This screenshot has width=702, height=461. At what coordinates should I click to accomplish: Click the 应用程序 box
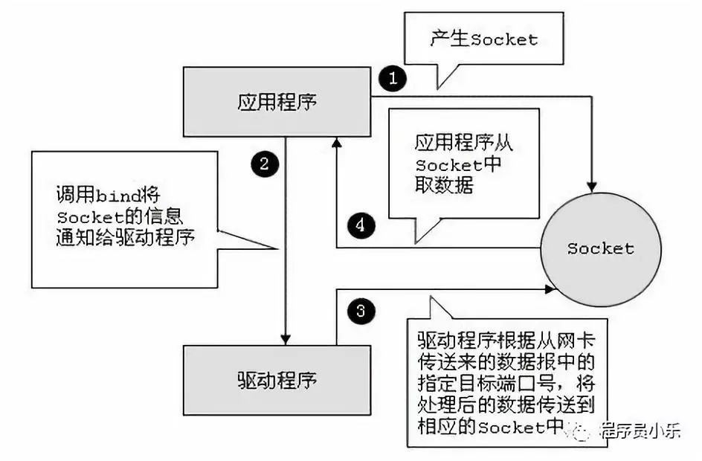[277, 102]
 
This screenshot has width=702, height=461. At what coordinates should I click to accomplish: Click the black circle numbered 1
[392, 77]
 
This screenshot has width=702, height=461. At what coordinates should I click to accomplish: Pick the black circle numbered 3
[360, 311]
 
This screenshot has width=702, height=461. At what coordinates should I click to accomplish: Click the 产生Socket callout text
[483, 39]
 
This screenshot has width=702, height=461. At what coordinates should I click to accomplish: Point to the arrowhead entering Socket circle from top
[593, 184]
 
